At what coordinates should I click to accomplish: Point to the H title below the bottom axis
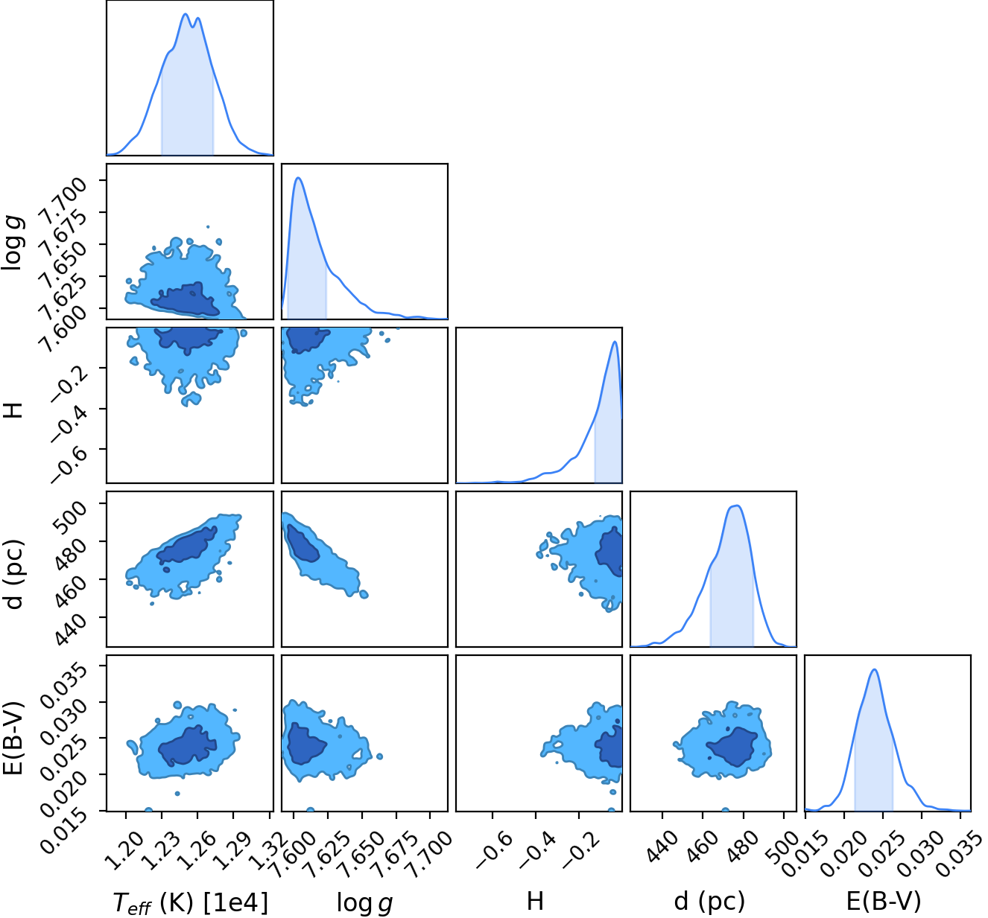(535, 900)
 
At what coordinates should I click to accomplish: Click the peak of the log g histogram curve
(298, 177)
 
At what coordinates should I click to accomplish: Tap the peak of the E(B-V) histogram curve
(874, 669)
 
